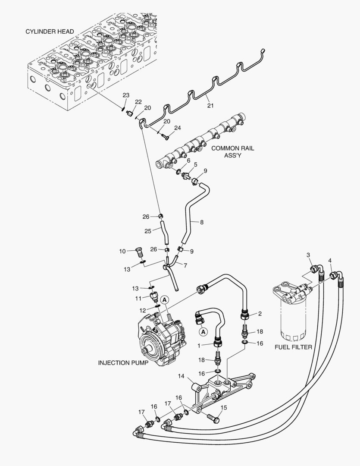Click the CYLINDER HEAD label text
(50, 31)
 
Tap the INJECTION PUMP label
(123, 363)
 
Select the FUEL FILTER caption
(293, 346)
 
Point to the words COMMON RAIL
(232, 148)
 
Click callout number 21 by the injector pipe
(210, 105)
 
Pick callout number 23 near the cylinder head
(126, 95)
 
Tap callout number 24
(178, 128)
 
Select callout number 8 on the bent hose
(202, 222)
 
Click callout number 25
(148, 231)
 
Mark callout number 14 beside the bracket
(182, 376)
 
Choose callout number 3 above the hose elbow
(309, 255)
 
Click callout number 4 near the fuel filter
(330, 260)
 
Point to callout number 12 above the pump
(143, 310)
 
